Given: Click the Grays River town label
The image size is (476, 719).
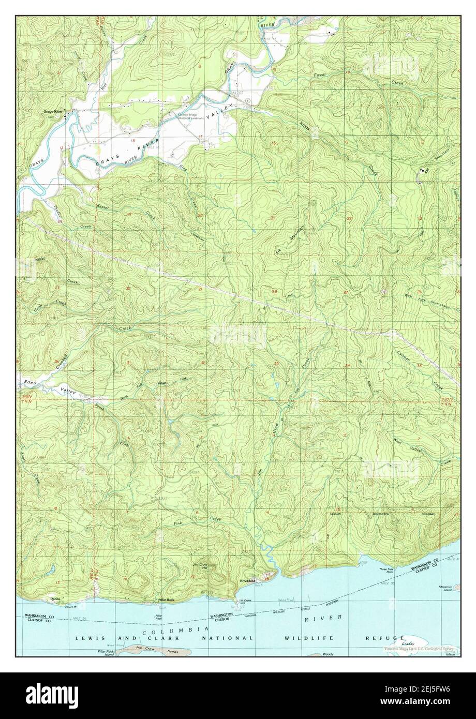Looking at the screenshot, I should tap(53, 111).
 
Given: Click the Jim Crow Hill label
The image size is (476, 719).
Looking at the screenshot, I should tap(200, 566).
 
